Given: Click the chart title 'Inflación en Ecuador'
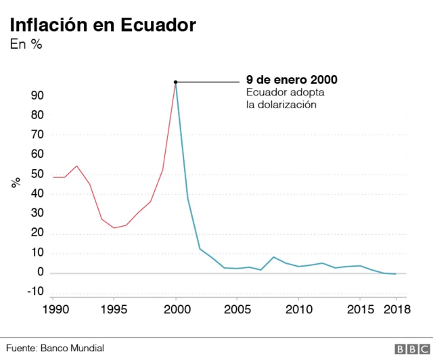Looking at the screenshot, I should click(x=101, y=25).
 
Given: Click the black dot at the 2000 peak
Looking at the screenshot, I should click(x=176, y=83).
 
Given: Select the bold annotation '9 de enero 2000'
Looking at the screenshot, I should click(x=291, y=80).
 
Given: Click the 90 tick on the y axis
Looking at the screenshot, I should click(x=37, y=95).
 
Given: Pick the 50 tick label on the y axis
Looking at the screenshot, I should click(x=37, y=175).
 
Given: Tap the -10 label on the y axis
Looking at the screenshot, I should click(x=34, y=292).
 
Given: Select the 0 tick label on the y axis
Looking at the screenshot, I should click(x=41, y=273).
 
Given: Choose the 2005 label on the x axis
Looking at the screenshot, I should click(x=237, y=309).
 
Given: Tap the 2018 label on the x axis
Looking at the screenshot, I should click(x=396, y=309).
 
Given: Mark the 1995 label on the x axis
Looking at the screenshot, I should click(x=114, y=309).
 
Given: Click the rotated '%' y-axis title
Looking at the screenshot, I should click(x=16, y=183).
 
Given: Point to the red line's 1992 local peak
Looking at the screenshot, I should click(x=76, y=166).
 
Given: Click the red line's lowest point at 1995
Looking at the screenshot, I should click(x=114, y=228).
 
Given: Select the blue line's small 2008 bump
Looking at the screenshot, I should click(x=273, y=257).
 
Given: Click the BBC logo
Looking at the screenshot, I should click(x=409, y=348).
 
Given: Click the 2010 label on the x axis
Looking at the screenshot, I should click(x=298, y=309).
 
